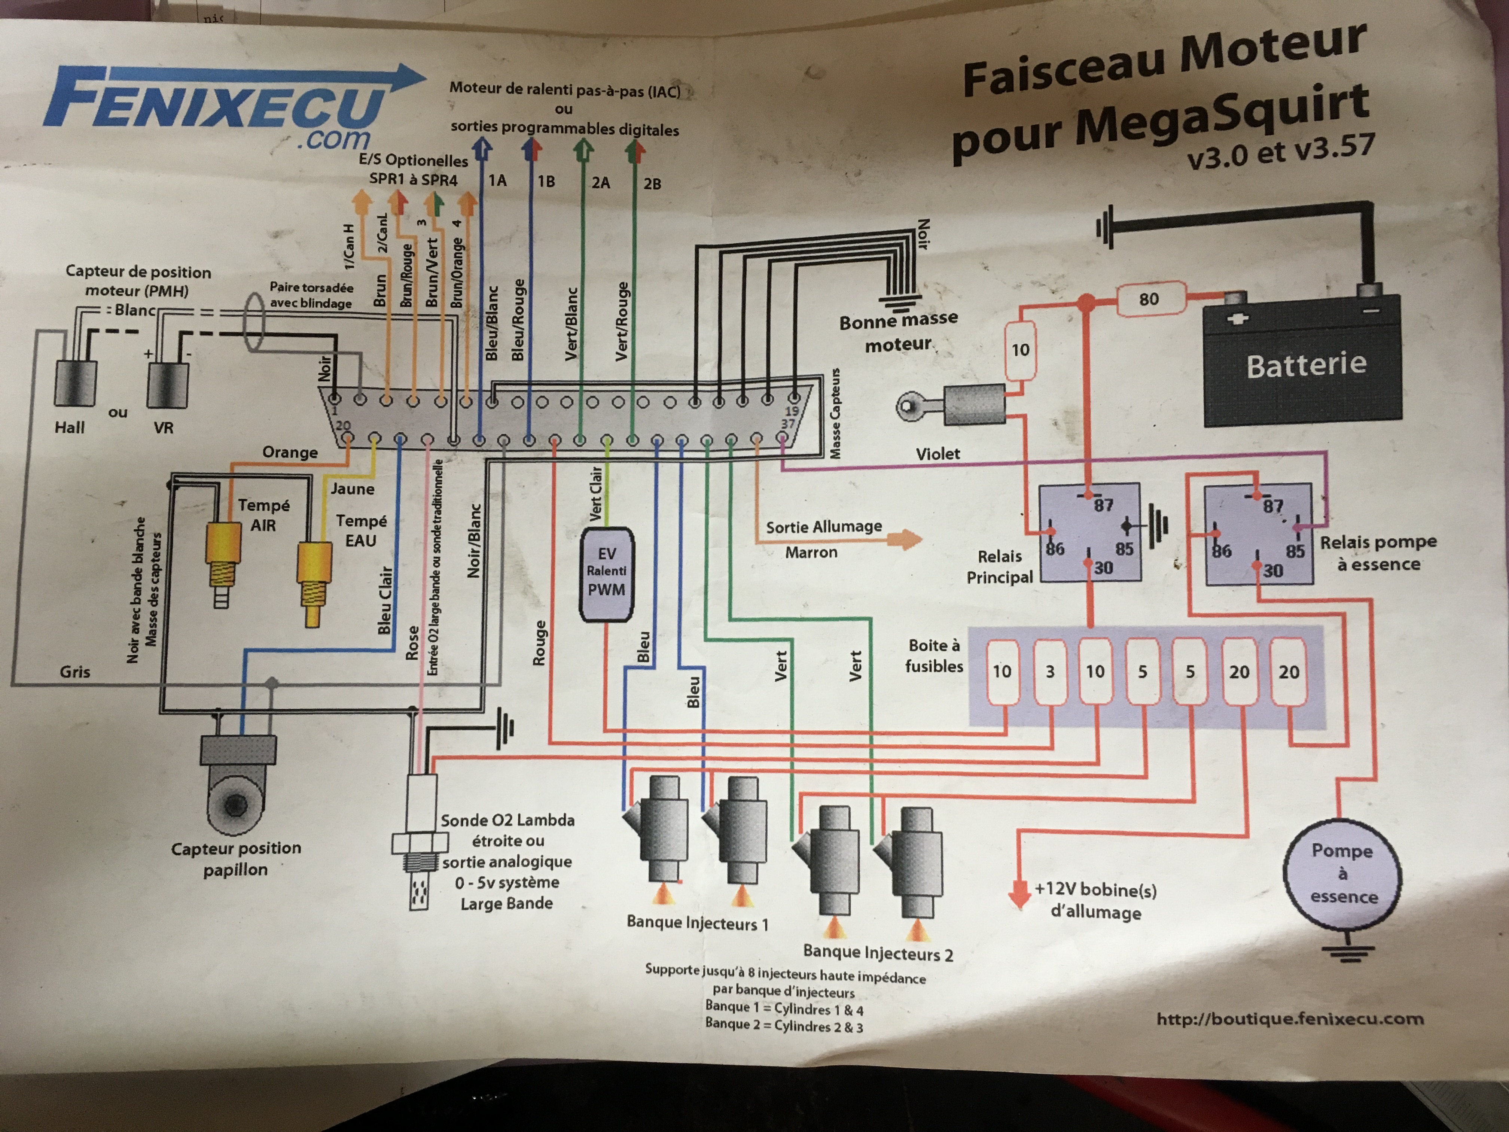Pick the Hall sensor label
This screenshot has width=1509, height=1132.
pos(70,428)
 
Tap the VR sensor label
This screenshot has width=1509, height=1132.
pos(163,428)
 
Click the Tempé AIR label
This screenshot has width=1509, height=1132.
pos(263,515)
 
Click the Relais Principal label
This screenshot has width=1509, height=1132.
pos(999,566)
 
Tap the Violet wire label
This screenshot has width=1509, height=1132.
pos(938,454)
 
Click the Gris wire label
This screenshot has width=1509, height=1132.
pos(75,672)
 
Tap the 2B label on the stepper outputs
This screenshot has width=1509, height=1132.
pos(652,183)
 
